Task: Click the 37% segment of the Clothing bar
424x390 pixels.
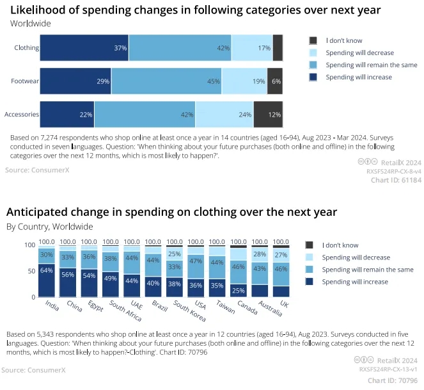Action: (84, 48)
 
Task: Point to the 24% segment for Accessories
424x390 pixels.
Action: (224, 115)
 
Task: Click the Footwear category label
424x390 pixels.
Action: (25, 81)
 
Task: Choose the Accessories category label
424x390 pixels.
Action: (22, 115)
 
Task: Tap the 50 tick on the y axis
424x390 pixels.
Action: (30, 271)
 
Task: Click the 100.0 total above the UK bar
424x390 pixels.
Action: (281, 242)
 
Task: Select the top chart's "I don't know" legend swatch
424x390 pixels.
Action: (313, 40)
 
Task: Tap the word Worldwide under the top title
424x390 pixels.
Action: (30, 23)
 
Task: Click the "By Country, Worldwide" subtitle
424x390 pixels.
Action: (49, 226)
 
